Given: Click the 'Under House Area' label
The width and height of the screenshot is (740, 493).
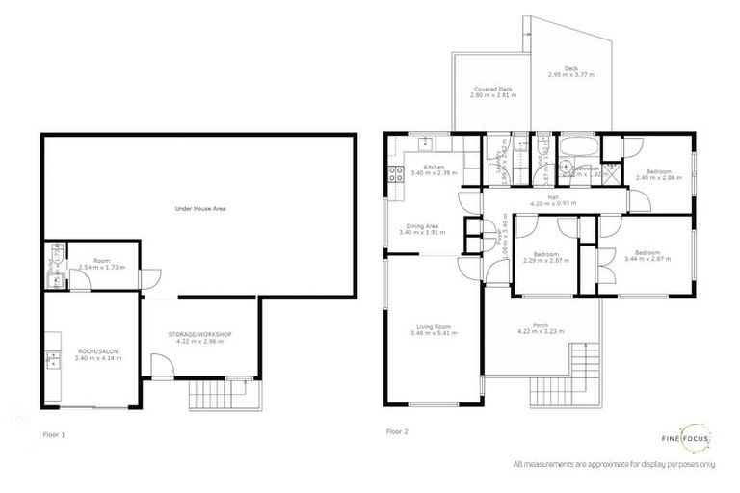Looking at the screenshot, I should pos(199,207).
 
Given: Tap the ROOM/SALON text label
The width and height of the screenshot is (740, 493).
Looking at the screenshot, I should pos(93,351).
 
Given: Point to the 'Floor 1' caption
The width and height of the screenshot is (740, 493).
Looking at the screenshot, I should pos(55,434).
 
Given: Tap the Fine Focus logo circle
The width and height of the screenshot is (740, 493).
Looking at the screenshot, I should pos(696,439).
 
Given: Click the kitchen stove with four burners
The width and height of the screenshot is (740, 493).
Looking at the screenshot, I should pos(393,174).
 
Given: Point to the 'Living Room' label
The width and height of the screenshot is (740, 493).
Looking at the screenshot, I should pos(434,327).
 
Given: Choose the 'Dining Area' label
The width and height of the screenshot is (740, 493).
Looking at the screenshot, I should pos(424,226).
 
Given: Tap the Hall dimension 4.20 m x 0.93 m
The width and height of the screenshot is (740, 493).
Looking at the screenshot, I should pos(553,204).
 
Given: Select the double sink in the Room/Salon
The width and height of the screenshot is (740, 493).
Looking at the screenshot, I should pos(52,362).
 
